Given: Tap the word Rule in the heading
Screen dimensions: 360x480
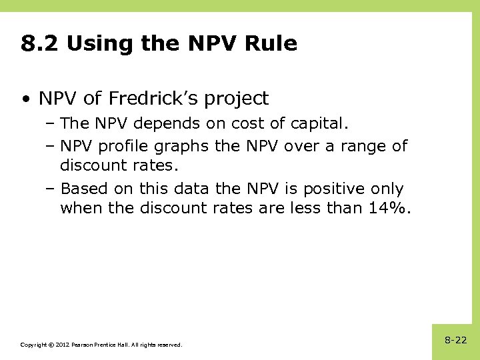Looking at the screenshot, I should (271, 44).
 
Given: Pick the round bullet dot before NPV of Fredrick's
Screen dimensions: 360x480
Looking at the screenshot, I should (25, 100).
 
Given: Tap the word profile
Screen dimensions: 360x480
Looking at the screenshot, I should (126, 146).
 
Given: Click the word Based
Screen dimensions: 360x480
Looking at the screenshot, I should (83, 189).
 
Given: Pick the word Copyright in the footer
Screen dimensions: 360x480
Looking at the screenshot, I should (33, 345).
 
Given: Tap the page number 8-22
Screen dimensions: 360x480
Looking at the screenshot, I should (456, 340).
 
